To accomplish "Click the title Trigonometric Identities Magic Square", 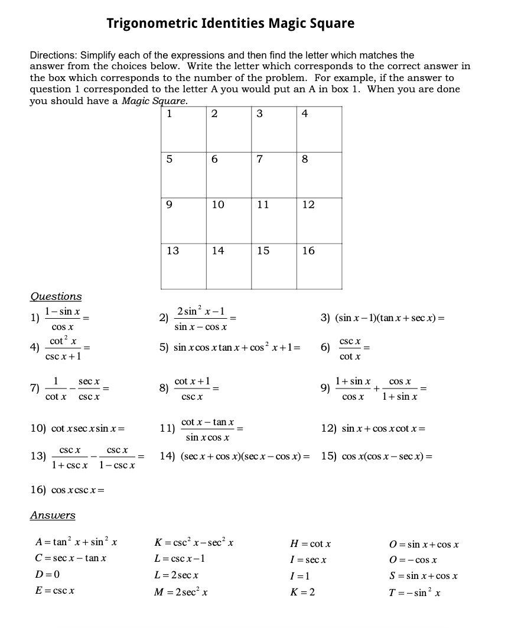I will click(x=230, y=24).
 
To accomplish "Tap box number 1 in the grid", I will click(x=184, y=129).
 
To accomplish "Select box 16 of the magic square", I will click(x=319, y=266).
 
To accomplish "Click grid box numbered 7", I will click(x=273, y=174).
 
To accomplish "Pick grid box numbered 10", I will click(x=229, y=220).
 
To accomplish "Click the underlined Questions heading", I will click(x=56, y=296).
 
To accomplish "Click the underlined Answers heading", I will click(x=53, y=515).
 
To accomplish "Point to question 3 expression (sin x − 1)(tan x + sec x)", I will click(x=383, y=318).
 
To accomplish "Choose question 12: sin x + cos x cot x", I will click(x=373, y=428).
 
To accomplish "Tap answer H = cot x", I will click(x=311, y=543).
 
